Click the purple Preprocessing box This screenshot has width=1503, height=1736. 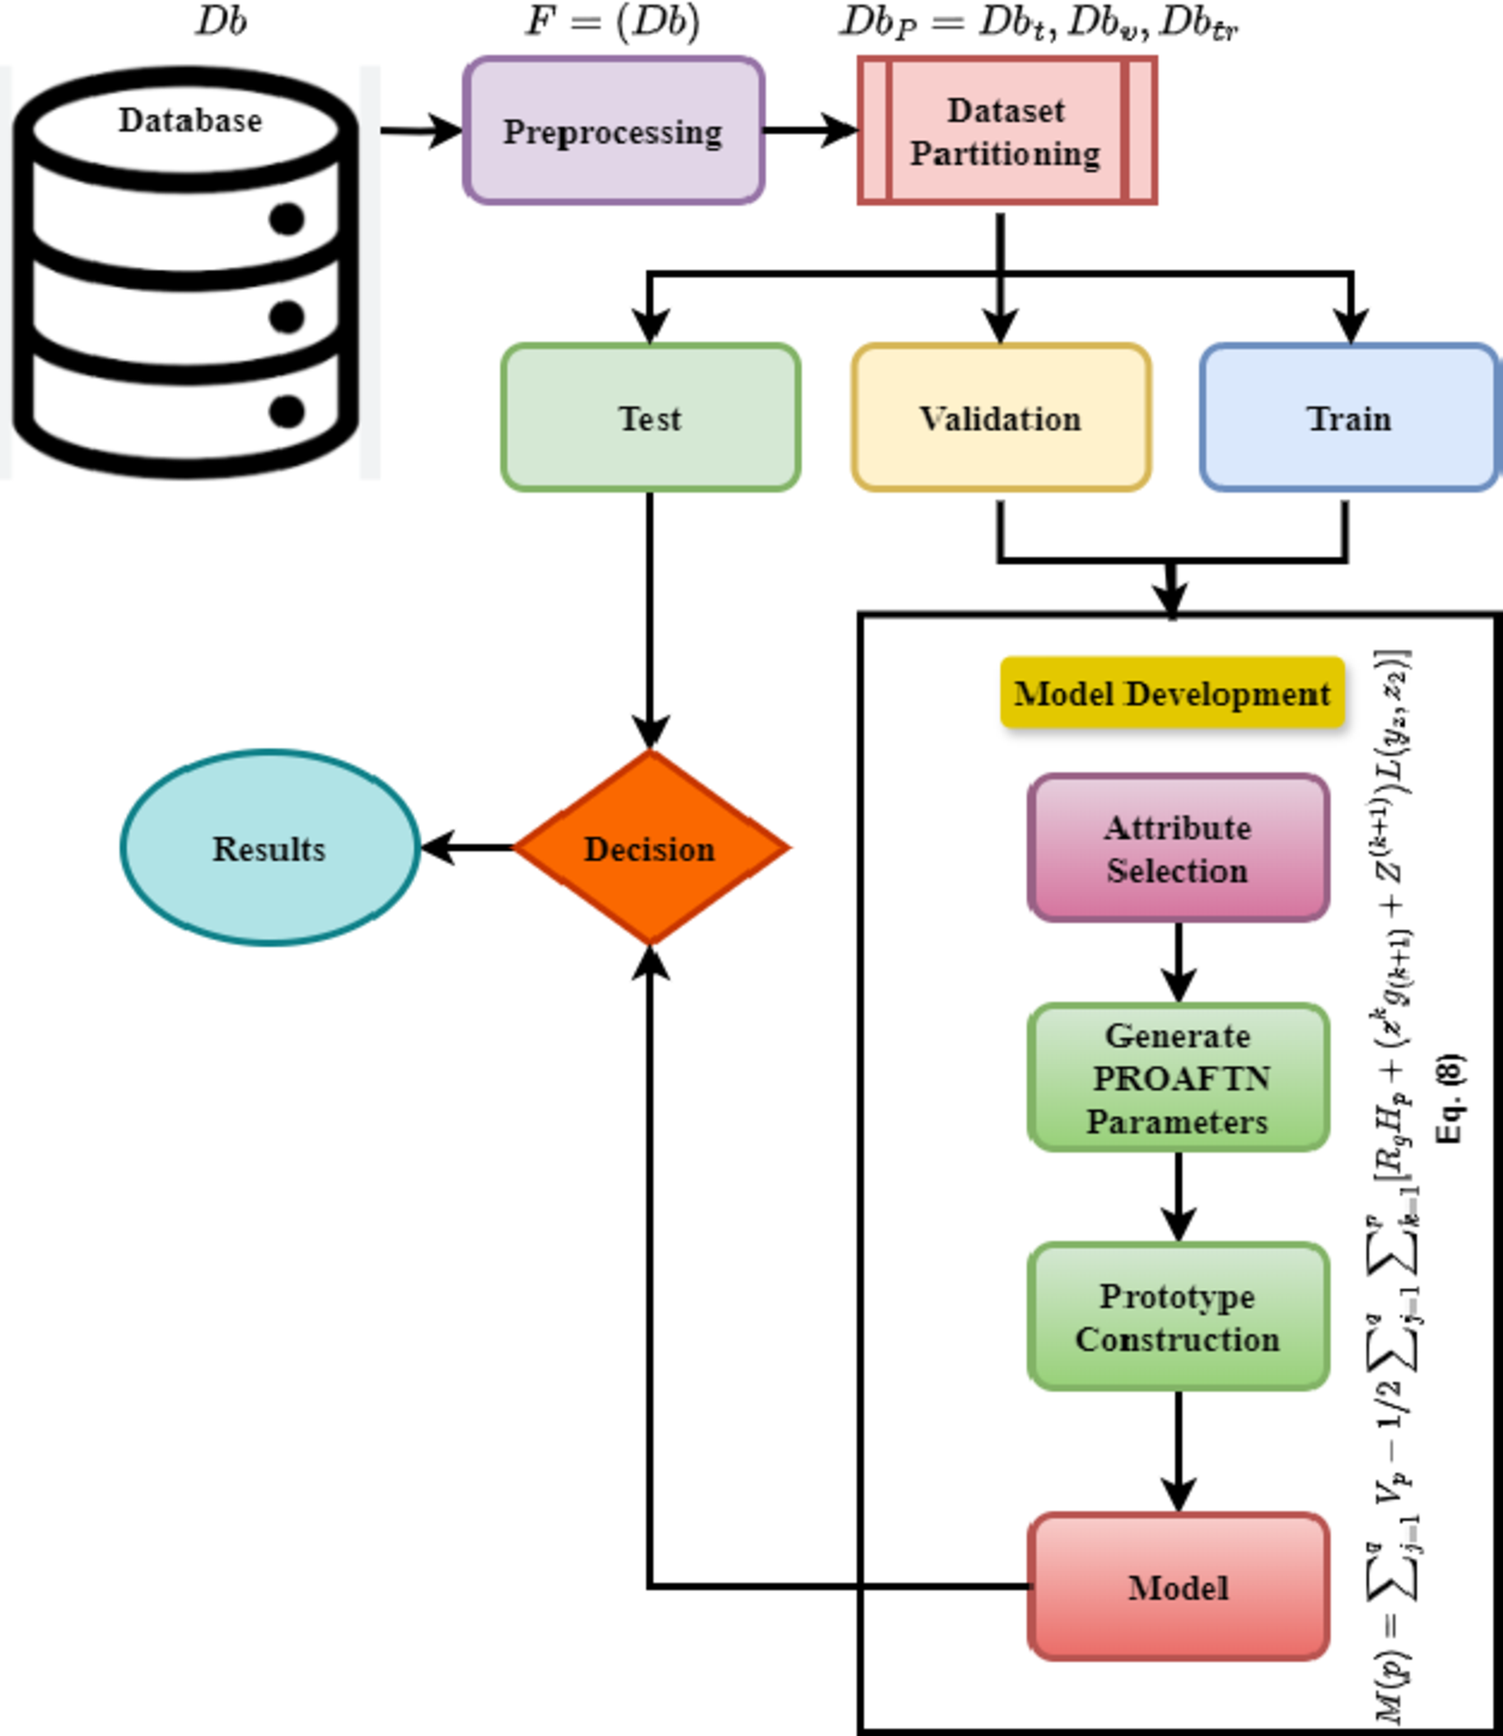click(613, 131)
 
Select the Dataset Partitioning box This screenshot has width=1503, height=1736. click(1006, 131)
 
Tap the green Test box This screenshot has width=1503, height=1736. click(650, 417)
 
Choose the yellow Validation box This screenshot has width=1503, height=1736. click(1001, 417)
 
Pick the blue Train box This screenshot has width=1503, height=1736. click(1349, 417)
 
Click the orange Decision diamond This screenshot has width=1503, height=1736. click(650, 849)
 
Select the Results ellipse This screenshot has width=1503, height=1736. click(269, 849)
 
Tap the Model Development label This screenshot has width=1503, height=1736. click(1172, 693)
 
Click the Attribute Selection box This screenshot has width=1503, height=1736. click(1178, 849)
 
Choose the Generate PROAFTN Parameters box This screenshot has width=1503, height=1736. click(1178, 1078)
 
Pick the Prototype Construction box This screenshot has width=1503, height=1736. click(1178, 1317)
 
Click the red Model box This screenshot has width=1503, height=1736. click(1178, 1587)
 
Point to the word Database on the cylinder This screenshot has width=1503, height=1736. click(189, 120)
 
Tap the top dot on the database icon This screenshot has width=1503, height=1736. click(287, 219)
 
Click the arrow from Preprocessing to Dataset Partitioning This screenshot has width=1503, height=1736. click(810, 131)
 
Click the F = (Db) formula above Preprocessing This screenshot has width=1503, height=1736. click(612, 21)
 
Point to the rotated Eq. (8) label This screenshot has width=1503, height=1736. click(1449, 1099)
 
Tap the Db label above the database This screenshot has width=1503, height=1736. click(222, 21)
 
